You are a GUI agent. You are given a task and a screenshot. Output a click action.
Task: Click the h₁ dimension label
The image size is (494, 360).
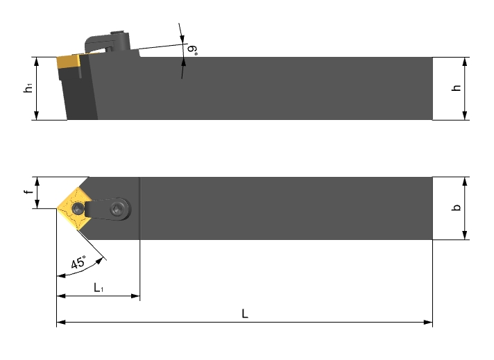point(28,88)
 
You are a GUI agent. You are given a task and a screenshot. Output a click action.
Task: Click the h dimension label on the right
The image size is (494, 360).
point(456,88)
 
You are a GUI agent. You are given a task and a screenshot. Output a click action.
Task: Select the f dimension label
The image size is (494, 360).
point(28,192)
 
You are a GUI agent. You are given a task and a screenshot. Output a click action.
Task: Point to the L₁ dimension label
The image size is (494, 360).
point(99,288)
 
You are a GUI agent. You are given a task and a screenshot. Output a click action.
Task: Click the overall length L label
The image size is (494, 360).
point(245,314)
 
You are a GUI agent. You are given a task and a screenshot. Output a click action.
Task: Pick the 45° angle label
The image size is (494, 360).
point(78,262)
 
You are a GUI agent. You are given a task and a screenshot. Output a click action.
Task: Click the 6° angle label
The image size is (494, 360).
point(192,50)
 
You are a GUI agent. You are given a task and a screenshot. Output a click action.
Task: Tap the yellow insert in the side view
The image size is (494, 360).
point(69,62)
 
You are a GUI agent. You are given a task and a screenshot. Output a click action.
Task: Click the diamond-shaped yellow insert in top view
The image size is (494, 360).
point(75,209)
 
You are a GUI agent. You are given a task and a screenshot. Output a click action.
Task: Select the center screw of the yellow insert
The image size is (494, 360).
point(78,208)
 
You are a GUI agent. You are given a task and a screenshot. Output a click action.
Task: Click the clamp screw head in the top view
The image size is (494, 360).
point(117,209)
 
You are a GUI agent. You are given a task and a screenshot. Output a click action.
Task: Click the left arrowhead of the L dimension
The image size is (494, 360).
point(61,323)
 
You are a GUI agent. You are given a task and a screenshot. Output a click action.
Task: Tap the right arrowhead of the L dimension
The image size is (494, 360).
point(428,323)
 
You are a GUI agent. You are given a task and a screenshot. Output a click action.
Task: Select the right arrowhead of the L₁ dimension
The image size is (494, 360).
point(135,295)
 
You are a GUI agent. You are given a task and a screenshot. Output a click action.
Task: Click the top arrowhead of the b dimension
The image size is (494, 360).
point(465,182)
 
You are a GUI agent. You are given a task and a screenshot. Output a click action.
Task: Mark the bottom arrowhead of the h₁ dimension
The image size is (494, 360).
point(37,115)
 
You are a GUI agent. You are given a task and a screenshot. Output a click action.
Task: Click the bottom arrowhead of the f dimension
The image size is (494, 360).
point(37,204)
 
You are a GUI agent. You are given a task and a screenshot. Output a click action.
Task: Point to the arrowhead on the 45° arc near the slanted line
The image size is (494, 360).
point(99,261)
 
